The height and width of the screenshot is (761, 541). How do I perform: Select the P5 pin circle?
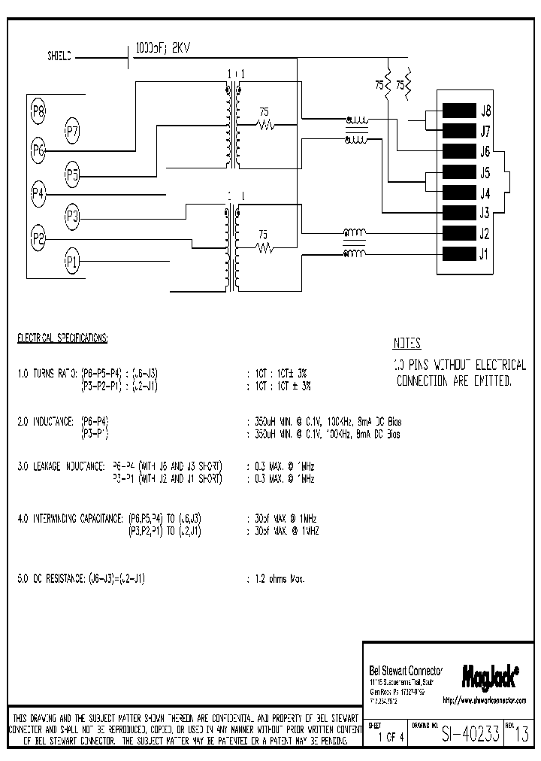[x=72, y=176]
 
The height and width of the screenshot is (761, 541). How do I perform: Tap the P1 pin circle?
[x=72, y=262]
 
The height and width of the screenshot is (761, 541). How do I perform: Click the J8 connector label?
[x=485, y=110]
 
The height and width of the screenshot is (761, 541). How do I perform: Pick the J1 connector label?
[x=485, y=253]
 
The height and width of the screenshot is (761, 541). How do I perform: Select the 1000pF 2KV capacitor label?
[x=163, y=47]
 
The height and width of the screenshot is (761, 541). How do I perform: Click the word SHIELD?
[x=60, y=56]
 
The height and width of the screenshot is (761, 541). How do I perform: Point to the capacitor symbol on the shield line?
[x=128, y=56]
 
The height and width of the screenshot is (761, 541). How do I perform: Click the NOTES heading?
[x=407, y=344]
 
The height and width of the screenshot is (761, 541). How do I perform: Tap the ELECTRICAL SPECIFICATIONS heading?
[x=62, y=338]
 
